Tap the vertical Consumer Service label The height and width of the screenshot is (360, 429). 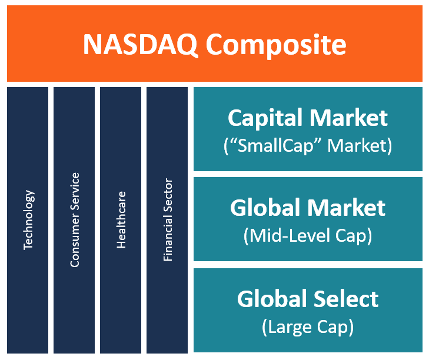pyautogui.click(x=75, y=219)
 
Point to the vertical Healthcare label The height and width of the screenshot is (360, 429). pyautogui.click(x=121, y=219)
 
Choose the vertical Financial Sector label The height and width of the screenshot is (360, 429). pyautogui.click(x=168, y=219)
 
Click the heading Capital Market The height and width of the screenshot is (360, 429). pyautogui.click(x=308, y=118)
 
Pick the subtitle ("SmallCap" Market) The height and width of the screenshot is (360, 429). pyautogui.click(x=308, y=145)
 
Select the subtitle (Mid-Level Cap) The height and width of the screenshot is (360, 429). pyautogui.click(x=308, y=236)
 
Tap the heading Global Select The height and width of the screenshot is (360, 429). pyautogui.click(x=308, y=299)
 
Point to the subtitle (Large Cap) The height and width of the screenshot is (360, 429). pyautogui.click(x=308, y=326)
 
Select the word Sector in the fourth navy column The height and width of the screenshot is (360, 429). pyautogui.click(x=168, y=195)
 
